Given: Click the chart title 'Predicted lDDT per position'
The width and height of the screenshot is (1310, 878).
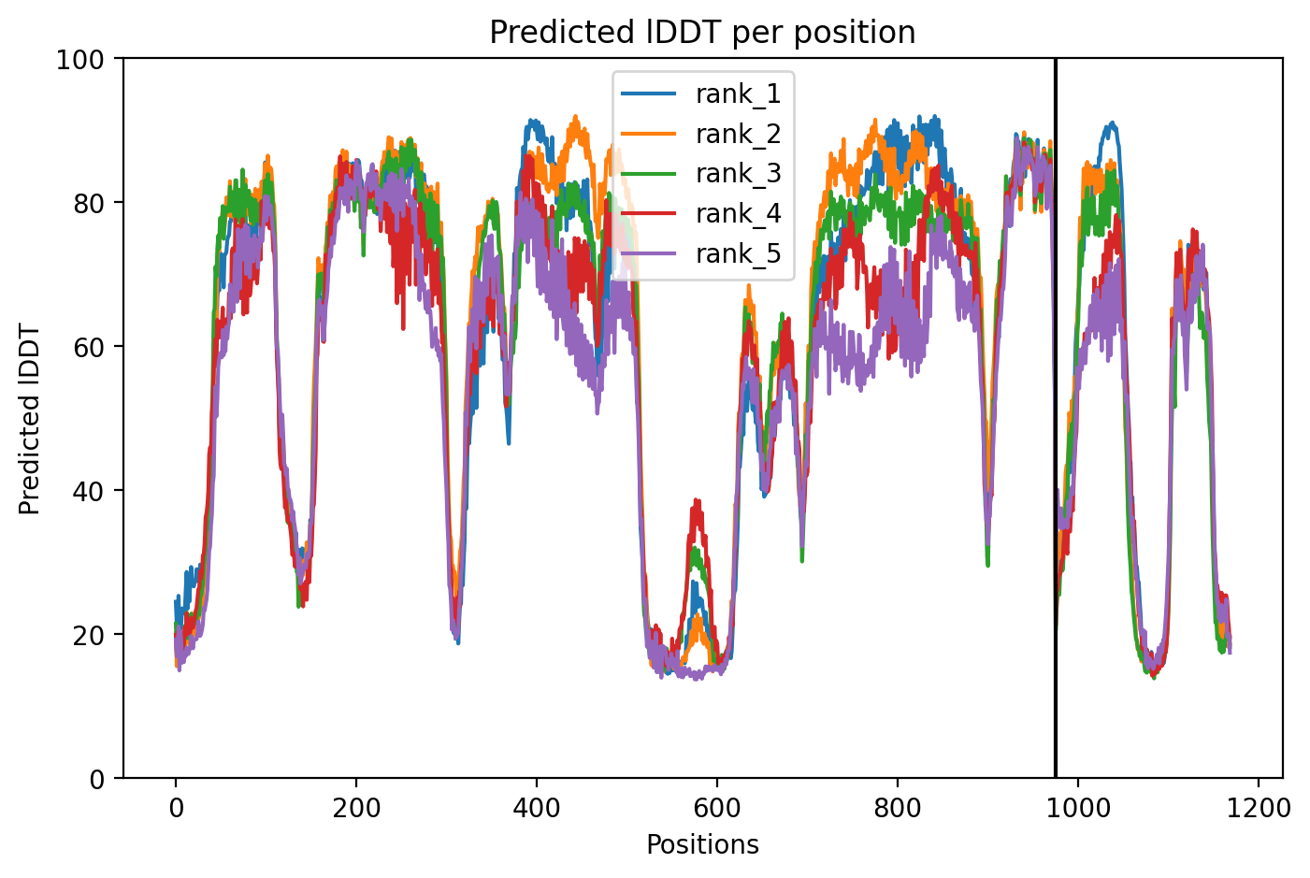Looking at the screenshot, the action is point(702,32).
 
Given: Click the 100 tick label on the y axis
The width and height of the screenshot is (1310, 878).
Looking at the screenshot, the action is point(80,60).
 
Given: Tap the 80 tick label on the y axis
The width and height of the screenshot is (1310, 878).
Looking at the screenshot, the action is point(88,204).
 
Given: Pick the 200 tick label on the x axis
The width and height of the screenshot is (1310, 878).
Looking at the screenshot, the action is point(356,809).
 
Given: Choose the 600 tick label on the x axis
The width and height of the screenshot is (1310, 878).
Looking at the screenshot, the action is point(716,809).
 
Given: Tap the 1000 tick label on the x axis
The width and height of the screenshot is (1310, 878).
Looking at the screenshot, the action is point(1077,809).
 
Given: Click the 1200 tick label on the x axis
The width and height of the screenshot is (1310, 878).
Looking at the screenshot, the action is point(1258,809).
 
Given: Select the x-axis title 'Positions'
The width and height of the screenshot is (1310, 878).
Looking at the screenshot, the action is point(702,845).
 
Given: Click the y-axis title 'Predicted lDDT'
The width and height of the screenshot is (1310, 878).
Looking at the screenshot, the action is point(29,418).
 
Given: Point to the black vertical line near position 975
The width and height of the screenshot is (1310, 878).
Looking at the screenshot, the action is point(1055,418).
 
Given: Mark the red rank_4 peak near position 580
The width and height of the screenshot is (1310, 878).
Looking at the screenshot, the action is point(697,501).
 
